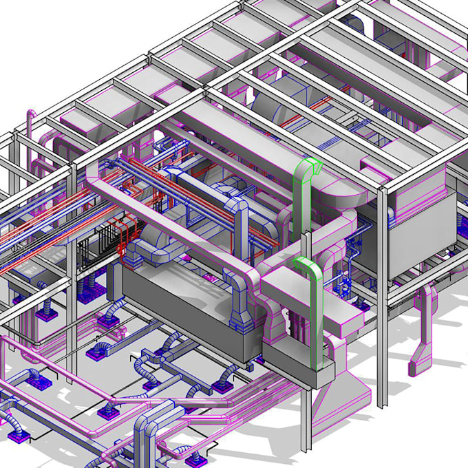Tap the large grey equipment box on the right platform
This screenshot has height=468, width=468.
pyautogui.click(x=420, y=234)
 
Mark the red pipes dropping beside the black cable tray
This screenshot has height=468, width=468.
pyautogui.click(x=124, y=241)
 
